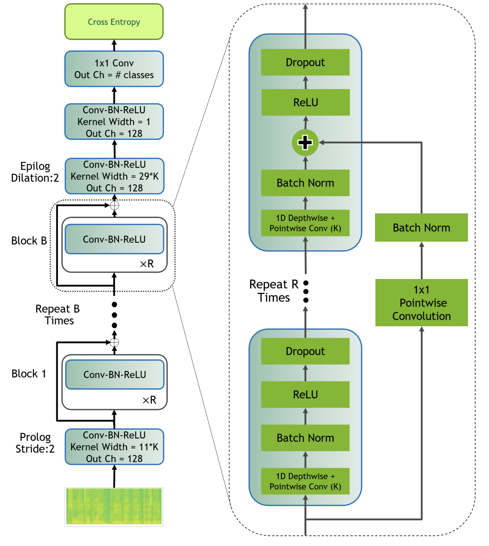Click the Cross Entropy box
[114, 22]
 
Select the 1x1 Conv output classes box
[114, 69]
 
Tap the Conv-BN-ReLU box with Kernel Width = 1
[114, 122]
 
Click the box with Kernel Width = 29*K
[114, 176]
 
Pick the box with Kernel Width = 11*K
[114, 447]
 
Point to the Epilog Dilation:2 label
[35, 172]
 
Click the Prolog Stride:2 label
[35, 443]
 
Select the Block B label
[29, 241]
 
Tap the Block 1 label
[29, 374]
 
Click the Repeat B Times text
[58, 314]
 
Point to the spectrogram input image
[114, 507]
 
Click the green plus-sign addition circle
[305, 142]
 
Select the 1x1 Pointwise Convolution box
[422, 303]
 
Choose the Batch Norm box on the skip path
[422, 228]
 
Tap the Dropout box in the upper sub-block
[305, 62]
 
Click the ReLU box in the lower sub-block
[305, 395]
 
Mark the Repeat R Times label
[273, 290]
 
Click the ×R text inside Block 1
[149, 400]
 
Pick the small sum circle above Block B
[114, 205]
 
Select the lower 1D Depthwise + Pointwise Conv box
[305, 481]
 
